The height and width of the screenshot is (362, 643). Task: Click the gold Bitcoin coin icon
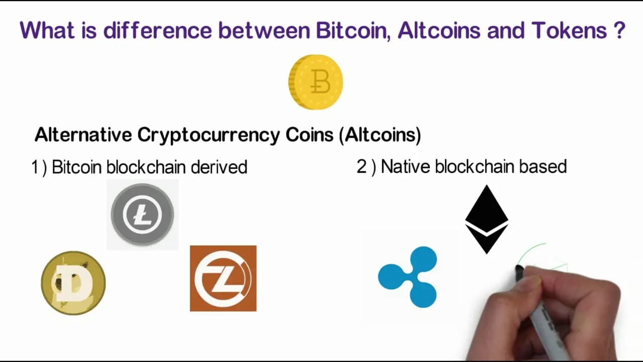click(315, 82)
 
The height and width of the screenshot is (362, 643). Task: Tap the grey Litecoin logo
click(143, 214)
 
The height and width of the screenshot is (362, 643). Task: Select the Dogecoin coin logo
click(73, 283)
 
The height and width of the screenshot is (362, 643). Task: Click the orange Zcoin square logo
click(223, 278)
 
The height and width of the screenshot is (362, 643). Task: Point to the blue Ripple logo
click(408, 277)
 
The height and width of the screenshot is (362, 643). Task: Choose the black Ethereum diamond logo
click(486, 219)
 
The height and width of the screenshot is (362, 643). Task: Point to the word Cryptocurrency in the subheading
click(208, 135)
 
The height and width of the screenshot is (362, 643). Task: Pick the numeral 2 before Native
click(362, 167)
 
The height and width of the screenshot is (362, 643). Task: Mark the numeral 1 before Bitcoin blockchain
click(35, 167)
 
